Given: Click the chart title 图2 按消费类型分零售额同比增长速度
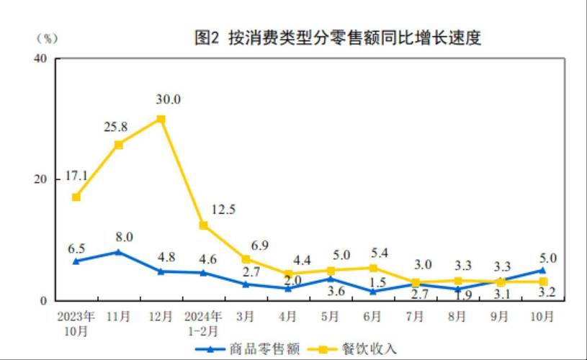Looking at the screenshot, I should coord(338,38).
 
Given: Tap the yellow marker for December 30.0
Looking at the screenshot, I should coord(161,120).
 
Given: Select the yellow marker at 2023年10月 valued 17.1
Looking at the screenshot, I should coord(76,197).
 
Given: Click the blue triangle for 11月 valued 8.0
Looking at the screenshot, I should coord(118,252).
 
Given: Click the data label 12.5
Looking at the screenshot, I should coord(224,210).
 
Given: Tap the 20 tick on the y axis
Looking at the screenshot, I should coord(41,179).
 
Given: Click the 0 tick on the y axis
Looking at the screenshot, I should coord(44,301).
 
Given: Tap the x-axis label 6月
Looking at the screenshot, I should coord(372,316).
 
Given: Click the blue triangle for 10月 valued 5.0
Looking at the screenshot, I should coord(542,271).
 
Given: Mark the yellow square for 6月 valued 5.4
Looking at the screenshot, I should coord(372,268).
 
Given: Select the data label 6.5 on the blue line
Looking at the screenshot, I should coord(76,248).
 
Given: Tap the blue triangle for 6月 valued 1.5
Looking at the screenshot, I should coord(372,292).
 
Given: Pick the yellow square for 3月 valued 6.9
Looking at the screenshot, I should coord(246,259).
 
